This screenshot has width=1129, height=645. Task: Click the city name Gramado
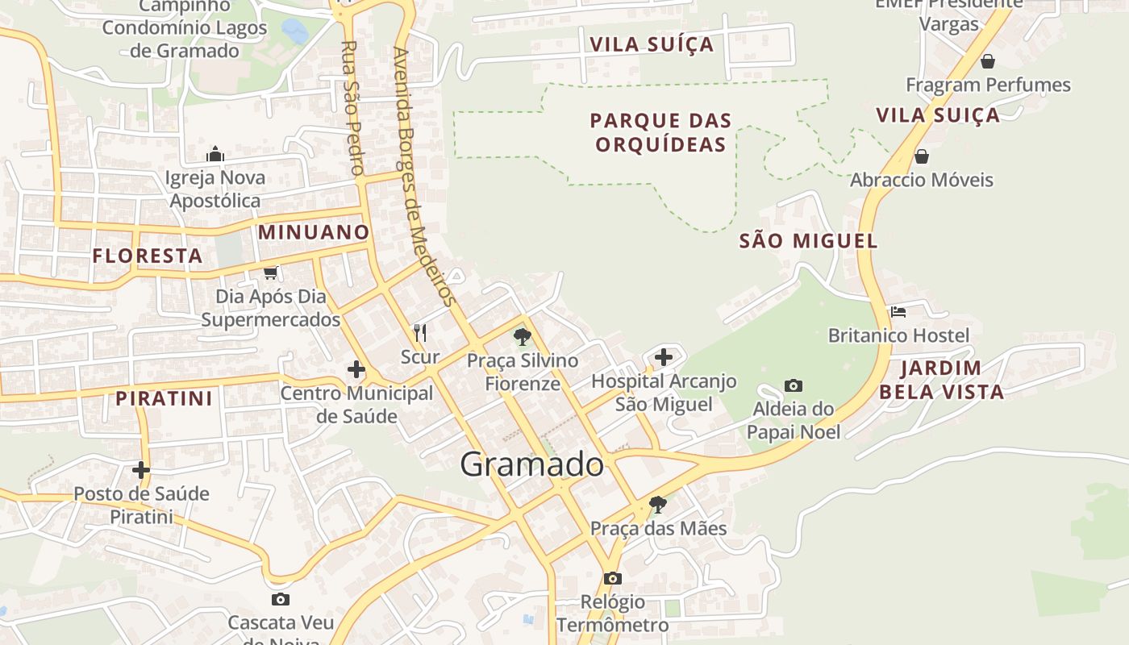pyautogui.click(x=531, y=465)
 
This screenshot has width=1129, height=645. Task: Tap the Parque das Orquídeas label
pyautogui.click(x=660, y=133)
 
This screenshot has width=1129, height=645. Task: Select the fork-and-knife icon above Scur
pyautogui.click(x=420, y=332)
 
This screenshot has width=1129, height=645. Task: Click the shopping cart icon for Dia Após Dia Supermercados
pyautogui.click(x=271, y=273)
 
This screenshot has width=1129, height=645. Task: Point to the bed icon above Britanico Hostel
pyautogui.click(x=898, y=311)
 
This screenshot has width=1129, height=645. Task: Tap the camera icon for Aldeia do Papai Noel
pyautogui.click(x=794, y=386)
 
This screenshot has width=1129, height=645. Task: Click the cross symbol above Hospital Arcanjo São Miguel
pyautogui.click(x=664, y=356)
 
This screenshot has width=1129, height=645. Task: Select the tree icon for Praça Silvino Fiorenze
pyautogui.click(x=523, y=337)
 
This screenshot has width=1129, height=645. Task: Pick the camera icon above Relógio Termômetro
pyautogui.click(x=613, y=578)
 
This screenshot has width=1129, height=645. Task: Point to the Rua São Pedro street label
pyautogui.click(x=351, y=108)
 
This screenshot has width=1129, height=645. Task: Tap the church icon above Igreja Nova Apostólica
pyautogui.click(x=215, y=154)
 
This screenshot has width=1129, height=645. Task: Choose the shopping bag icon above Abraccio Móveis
pyautogui.click(x=921, y=156)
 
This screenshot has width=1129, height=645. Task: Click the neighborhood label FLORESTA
pyautogui.click(x=148, y=256)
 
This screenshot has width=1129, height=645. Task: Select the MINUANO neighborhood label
pyautogui.click(x=314, y=232)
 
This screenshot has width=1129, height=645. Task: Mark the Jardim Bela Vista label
pyautogui.click(x=941, y=381)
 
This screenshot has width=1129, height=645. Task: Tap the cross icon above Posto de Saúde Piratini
pyautogui.click(x=141, y=469)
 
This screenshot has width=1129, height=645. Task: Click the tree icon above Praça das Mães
pyautogui.click(x=658, y=505)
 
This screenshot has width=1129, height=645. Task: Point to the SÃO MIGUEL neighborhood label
pyautogui.click(x=808, y=240)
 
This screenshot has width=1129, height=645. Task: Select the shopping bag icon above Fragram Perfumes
pyautogui.click(x=987, y=61)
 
